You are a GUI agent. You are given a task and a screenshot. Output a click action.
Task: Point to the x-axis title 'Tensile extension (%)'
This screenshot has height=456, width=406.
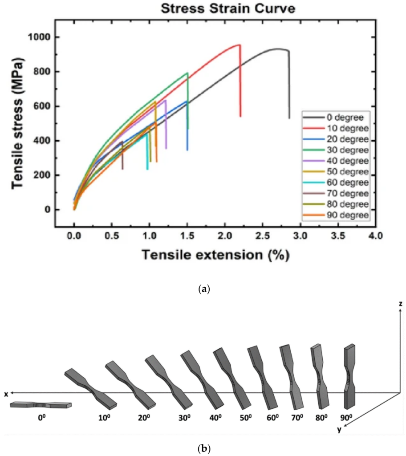[215, 255]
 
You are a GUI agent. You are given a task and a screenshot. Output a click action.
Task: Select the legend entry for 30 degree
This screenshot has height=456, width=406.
[337, 150]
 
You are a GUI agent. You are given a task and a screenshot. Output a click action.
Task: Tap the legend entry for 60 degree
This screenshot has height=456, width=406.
[337, 183]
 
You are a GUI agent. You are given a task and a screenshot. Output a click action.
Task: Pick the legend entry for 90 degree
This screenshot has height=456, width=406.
[337, 215]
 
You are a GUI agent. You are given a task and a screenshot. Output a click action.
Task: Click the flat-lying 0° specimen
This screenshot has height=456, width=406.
[41, 405]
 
